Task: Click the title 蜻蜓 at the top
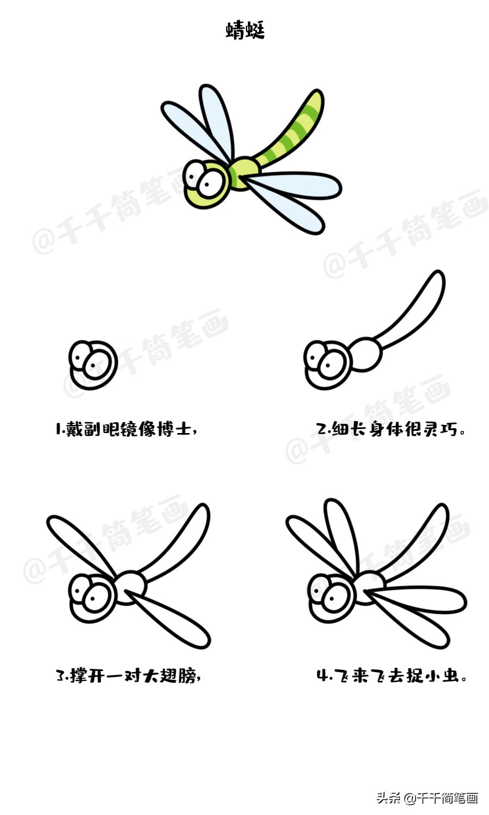coord(244,30)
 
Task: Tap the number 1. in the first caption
coord(60,429)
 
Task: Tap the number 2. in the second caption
coord(323,430)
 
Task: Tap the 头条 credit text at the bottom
coord(388,798)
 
